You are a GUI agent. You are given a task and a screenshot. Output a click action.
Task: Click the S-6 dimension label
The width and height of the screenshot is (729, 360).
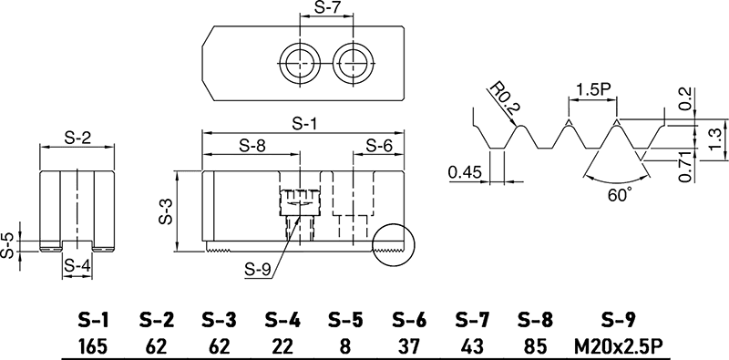tap(379, 145)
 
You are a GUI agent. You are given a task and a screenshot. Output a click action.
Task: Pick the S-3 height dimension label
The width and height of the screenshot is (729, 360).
tap(166, 214)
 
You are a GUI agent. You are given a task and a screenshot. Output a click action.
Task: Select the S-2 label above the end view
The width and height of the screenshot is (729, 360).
tap(80, 138)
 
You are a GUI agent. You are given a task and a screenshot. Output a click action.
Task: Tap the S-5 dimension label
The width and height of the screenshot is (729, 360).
tap(8, 244)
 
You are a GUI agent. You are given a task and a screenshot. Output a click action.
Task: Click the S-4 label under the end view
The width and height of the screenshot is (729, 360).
tap(79, 266)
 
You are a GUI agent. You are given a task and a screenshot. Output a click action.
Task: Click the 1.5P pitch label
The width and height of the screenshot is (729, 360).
tap(593, 90)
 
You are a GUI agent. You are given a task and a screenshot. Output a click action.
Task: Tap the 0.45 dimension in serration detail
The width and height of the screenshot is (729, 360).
tap(465, 170)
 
